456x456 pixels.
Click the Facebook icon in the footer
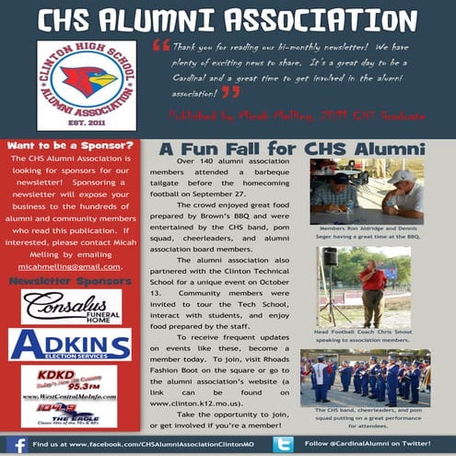[17, 444]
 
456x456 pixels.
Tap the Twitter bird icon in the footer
[283, 444]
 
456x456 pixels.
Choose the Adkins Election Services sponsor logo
[70, 345]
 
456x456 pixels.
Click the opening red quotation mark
[160, 45]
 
